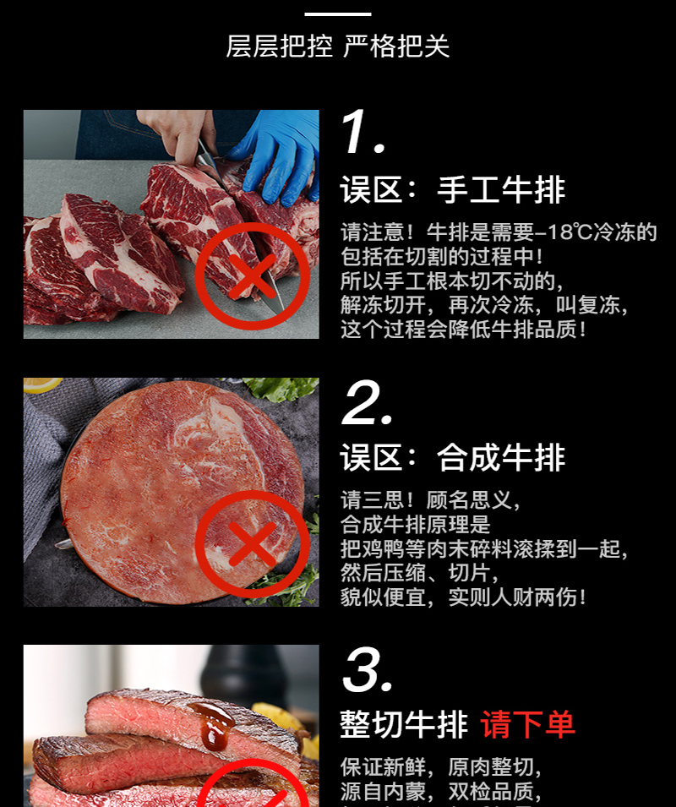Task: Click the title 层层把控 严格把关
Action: [338, 46]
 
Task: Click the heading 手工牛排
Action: [501, 189]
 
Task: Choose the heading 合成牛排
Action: [501, 457]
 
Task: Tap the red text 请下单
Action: [527, 724]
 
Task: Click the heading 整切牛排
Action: [404, 724]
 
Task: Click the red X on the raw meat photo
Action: [252, 276]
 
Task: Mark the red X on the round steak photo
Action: [252, 544]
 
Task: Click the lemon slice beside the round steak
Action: [41, 384]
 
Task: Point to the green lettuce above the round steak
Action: [281, 388]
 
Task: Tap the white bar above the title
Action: [338, 14]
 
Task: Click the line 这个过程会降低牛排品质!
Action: [463, 330]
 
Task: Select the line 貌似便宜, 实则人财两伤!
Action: [463, 597]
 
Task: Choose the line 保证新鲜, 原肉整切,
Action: [441, 766]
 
